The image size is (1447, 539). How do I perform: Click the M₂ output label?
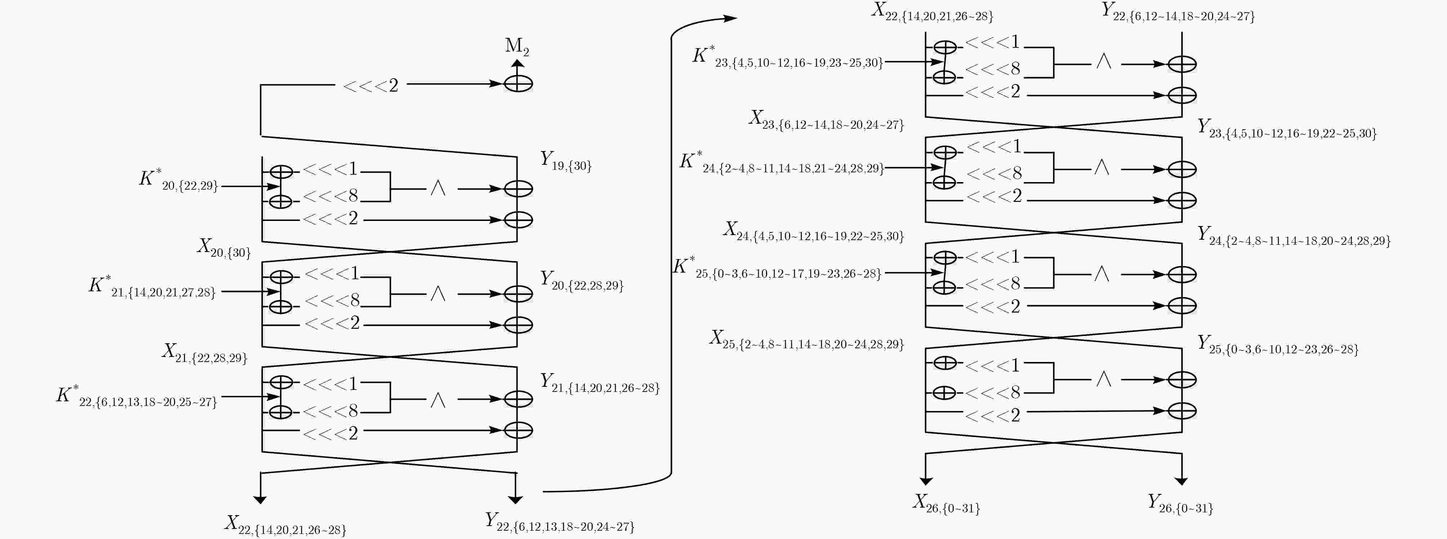(x=517, y=46)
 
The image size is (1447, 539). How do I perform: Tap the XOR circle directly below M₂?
(x=518, y=84)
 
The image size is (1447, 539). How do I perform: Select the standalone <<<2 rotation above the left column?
(x=371, y=85)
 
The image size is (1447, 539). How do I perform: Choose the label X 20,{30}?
(x=223, y=248)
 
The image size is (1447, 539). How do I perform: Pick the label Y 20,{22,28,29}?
(x=582, y=281)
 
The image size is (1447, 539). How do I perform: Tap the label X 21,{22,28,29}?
(x=204, y=353)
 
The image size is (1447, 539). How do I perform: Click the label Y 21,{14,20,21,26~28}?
(x=599, y=383)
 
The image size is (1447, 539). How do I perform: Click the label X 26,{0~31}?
(x=946, y=504)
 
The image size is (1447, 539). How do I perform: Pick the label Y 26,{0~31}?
(x=1180, y=504)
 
